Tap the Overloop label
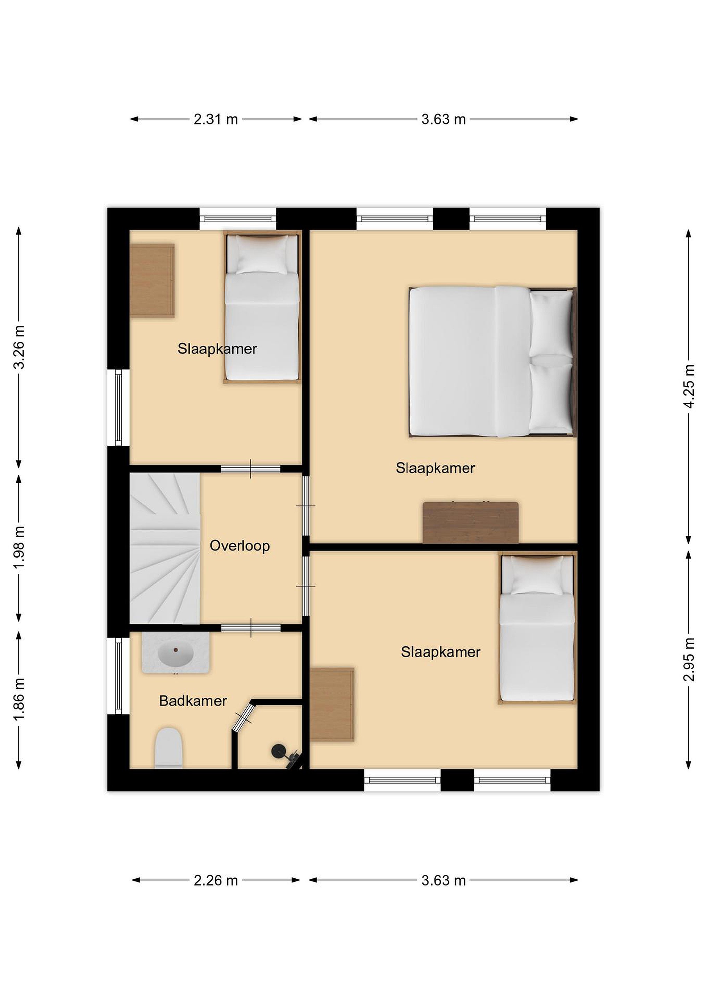pos(240,546)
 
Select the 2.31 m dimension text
pos(216,119)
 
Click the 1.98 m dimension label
pos(19,547)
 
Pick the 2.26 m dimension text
pos(216,881)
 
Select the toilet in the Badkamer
pos(169,748)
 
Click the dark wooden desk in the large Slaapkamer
pos(471,522)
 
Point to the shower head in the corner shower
pos(277,751)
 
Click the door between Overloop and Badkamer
pos(251,627)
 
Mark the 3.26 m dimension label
pos(19,347)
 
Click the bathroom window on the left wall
pos(118,676)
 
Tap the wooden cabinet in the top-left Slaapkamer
pos(152,280)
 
